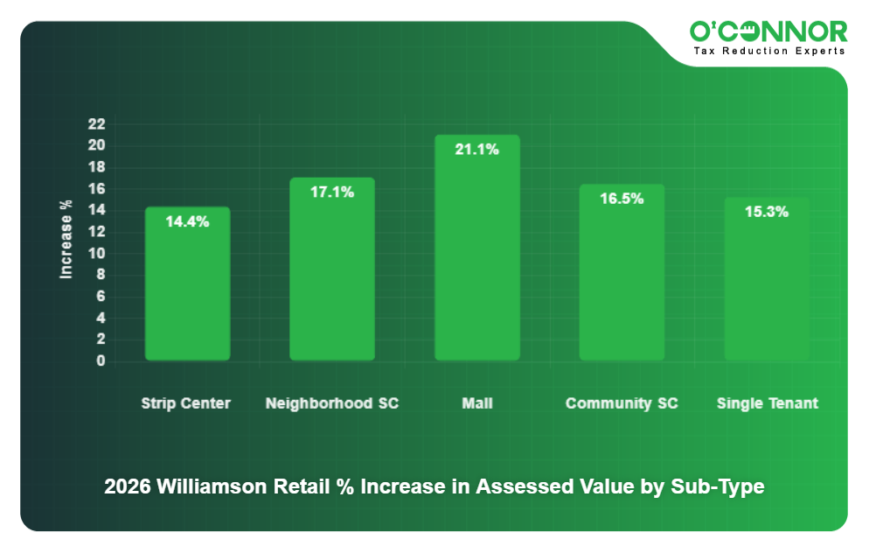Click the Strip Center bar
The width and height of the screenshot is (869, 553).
click(187, 283)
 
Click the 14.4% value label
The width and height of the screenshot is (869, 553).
click(187, 221)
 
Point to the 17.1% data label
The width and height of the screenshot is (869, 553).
click(332, 192)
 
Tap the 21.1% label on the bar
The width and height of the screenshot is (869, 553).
click(477, 150)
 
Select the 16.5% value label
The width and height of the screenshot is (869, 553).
click(622, 199)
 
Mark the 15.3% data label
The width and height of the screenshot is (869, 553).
click(767, 212)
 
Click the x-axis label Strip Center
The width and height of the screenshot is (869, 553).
click(186, 403)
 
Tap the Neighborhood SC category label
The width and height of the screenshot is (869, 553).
click(332, 403)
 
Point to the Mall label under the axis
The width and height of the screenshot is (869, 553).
click(477, 403)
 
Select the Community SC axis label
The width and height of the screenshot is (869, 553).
click(622, 403)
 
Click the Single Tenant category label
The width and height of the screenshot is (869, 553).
click(768, 403)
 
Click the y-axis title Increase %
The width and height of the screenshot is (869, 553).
click(66, 240)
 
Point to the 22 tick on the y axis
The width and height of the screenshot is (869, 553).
click(96, 123)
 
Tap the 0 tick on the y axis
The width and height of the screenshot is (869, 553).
click(101, 360)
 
